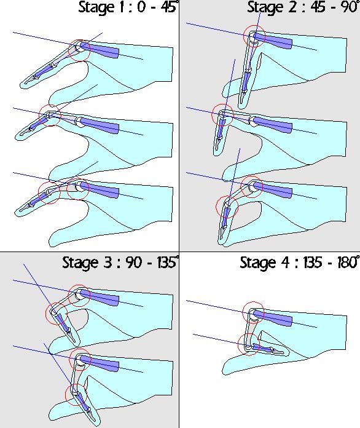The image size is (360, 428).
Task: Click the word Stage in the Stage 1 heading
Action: (96, 7)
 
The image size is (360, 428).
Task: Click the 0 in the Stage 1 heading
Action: (141, 7)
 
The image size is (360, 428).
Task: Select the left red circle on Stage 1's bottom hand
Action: (39, 192)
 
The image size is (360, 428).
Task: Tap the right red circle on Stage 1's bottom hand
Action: (67, 189)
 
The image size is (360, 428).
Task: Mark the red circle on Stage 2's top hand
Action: (243, 36)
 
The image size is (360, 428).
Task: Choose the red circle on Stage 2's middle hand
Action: (212, 115)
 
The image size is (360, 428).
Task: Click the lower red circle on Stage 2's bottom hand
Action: (216, 207)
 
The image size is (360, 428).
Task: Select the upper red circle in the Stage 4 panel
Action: (243, 313)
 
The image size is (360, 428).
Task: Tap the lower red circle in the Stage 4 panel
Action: (238, 344)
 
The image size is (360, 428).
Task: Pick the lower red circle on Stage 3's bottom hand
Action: (66, 395)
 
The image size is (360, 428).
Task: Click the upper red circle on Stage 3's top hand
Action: (68, 296)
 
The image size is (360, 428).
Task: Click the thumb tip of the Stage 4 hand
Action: (224, 370)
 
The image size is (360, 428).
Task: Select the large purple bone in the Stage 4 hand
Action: (273, 318)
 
